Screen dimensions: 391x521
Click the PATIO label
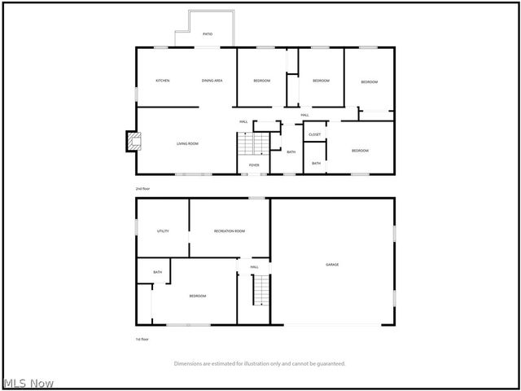click(x=208, y=34)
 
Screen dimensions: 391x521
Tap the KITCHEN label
click(x=163, y=81)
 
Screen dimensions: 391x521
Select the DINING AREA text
click(x=212, y=81)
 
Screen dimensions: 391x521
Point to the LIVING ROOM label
click(x=188, y=143)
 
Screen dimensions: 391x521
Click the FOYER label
click(x=254, y=165)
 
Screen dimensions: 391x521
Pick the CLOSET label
click(x=314, y=134)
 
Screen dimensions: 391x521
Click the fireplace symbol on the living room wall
click(x=129, y=142)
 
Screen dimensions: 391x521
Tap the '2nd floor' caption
click(x=142, y=188)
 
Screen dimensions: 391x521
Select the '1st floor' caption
click(x=142, y=339)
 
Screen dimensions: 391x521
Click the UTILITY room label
click(x=163, y=231)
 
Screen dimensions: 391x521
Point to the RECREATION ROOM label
click(x=230, y=231)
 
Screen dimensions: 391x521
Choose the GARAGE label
click(x=332, y=265)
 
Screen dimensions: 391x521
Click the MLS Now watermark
click(x=28, y=383)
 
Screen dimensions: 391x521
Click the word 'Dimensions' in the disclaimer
click(x=188, y=363)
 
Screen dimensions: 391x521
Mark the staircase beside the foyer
click(x=252, y=144)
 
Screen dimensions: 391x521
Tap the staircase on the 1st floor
click(x=260, y=290)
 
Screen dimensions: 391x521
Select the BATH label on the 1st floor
click(x=157, y=272)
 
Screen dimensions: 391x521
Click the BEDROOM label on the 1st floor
click(x=198, y=296)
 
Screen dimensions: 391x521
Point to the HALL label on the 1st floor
click(x=254, y=267)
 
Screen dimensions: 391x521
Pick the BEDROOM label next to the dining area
click(x=261, y=81)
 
